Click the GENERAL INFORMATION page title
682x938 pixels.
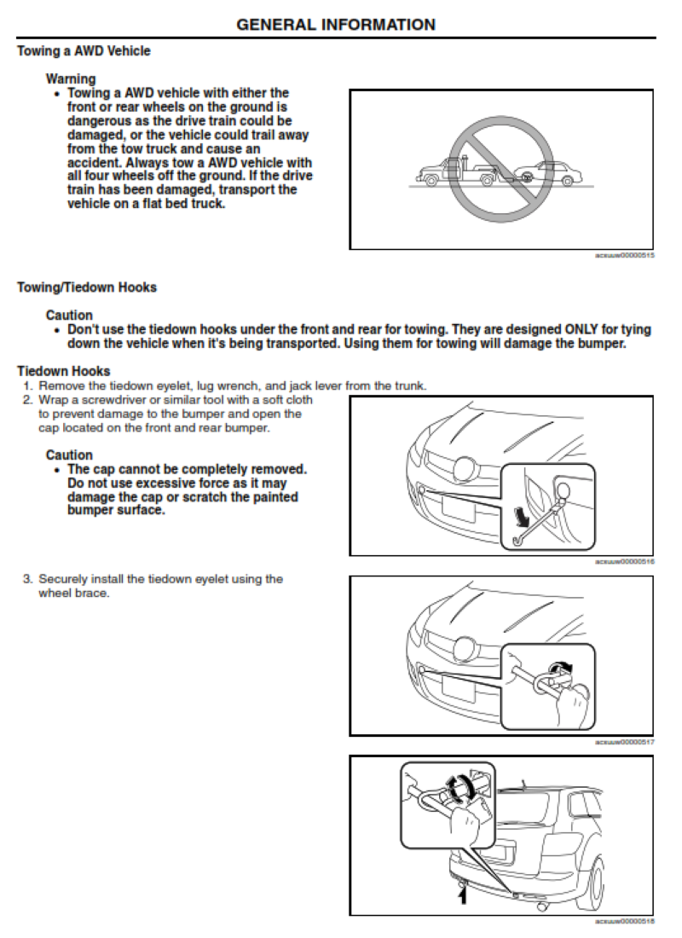point(335,25)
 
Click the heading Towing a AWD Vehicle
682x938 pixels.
point(84,51)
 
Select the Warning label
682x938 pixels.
point(71,79)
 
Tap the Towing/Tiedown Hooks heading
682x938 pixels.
point(87,287)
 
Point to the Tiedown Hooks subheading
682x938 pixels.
point(63,371)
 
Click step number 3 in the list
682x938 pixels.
point(26,579)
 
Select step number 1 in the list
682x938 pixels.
point(26,385)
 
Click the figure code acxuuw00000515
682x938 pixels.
point(624,255)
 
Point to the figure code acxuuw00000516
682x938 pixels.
point(624,561)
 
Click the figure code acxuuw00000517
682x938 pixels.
point(624,741)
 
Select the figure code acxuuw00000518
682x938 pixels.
point(624,921)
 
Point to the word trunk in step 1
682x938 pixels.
point(409,385)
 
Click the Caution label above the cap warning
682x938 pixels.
point(69,455)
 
